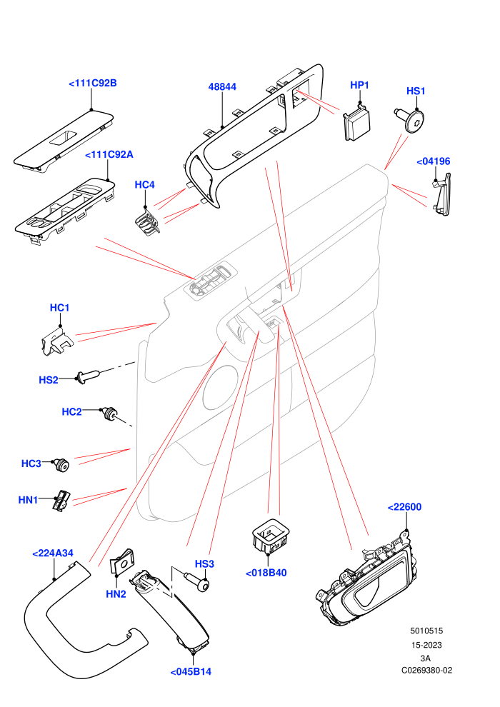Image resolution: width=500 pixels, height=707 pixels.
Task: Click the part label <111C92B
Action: click(93, 83)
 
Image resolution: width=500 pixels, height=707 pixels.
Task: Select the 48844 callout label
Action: click(222, 86)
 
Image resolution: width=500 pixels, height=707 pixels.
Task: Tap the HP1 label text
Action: click(360, 85)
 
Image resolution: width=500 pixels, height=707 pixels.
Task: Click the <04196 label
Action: click(434, 161)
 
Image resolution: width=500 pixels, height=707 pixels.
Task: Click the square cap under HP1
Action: click(357, 124)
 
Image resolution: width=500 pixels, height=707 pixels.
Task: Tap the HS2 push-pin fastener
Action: click(87, 377)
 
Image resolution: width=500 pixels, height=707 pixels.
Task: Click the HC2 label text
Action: click(71, 411)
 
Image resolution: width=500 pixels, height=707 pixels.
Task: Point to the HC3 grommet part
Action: click(61, 465)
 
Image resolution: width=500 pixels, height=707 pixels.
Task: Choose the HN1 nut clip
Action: click(61, 501)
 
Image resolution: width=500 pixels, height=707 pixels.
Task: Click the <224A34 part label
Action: click(53, 553)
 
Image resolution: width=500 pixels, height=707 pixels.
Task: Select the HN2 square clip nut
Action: click(123, 561)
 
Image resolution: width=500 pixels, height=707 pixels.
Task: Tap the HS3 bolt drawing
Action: click(197, 581)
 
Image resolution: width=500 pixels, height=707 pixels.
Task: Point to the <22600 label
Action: click(404, 507)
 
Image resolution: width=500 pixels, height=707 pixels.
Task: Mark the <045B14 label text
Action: click(191, 671)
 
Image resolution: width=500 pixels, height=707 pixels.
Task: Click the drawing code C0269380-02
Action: click(426, 671)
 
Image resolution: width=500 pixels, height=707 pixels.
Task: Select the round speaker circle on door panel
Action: click(220, 387)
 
